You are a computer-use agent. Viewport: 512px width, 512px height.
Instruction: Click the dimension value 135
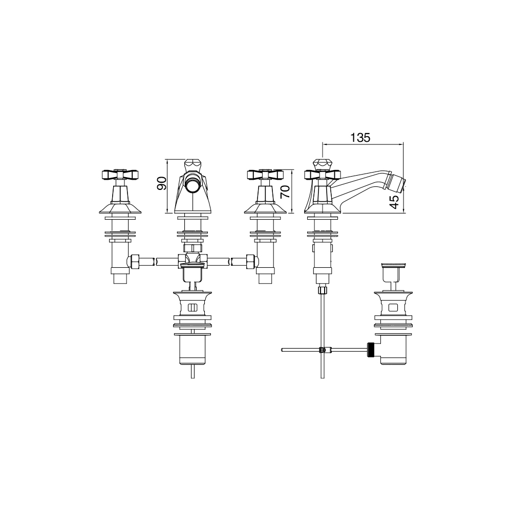360,138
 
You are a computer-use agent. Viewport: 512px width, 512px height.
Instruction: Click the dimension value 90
162,183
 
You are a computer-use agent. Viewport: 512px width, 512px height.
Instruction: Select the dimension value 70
285,191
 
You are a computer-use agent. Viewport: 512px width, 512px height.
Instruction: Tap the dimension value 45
394,202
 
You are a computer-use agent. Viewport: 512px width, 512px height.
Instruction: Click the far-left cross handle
119,175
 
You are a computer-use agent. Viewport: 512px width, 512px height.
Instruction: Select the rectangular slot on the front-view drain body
193,308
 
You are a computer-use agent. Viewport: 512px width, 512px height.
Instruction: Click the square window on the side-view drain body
393,308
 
